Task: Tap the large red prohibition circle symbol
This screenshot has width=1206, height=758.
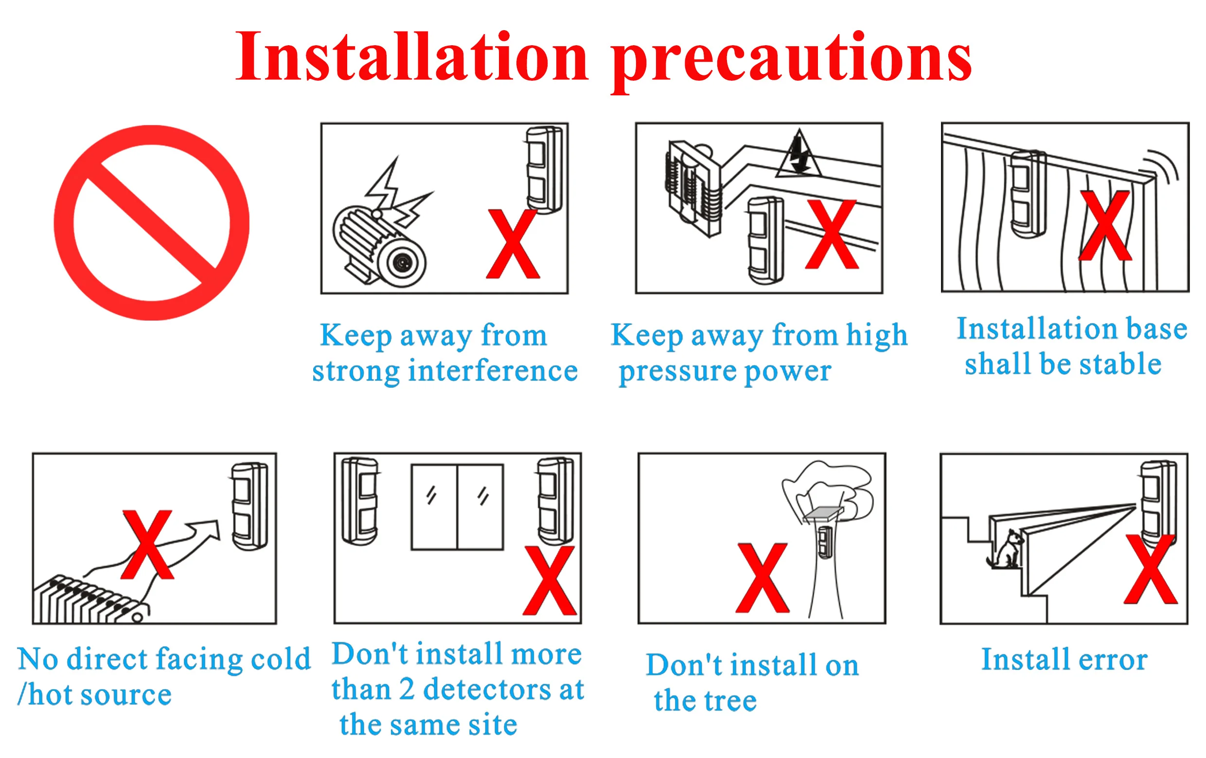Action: point(151,222)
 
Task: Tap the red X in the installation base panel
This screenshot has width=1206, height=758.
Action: point(1105,225)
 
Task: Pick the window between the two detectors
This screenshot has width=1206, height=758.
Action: point(457,507)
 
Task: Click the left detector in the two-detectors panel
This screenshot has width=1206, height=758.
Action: point(359,501)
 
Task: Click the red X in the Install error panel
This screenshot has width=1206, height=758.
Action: point(1150,569)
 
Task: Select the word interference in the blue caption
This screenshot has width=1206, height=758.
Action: point(493,372)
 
